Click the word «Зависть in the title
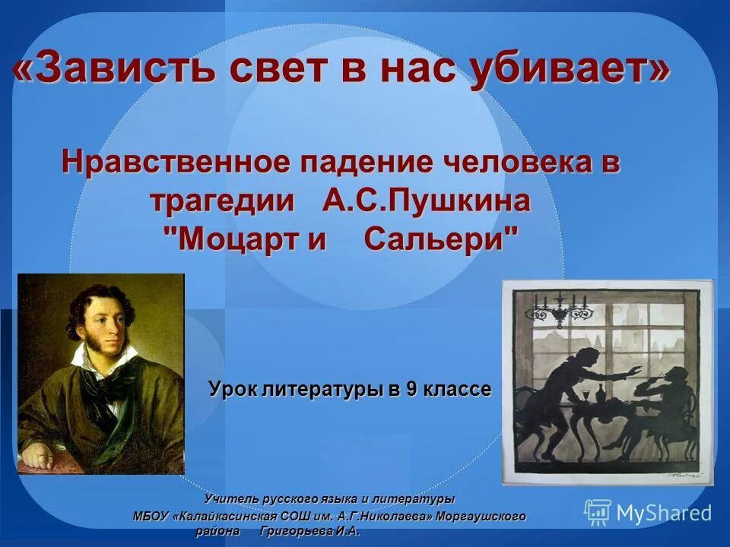(118, 71)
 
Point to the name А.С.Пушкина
(427, 201)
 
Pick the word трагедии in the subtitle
(221, 201)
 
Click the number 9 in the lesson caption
(411, 390)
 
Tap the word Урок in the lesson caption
(232, 390)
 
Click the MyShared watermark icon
(598, 513)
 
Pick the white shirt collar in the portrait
(99, 365)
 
